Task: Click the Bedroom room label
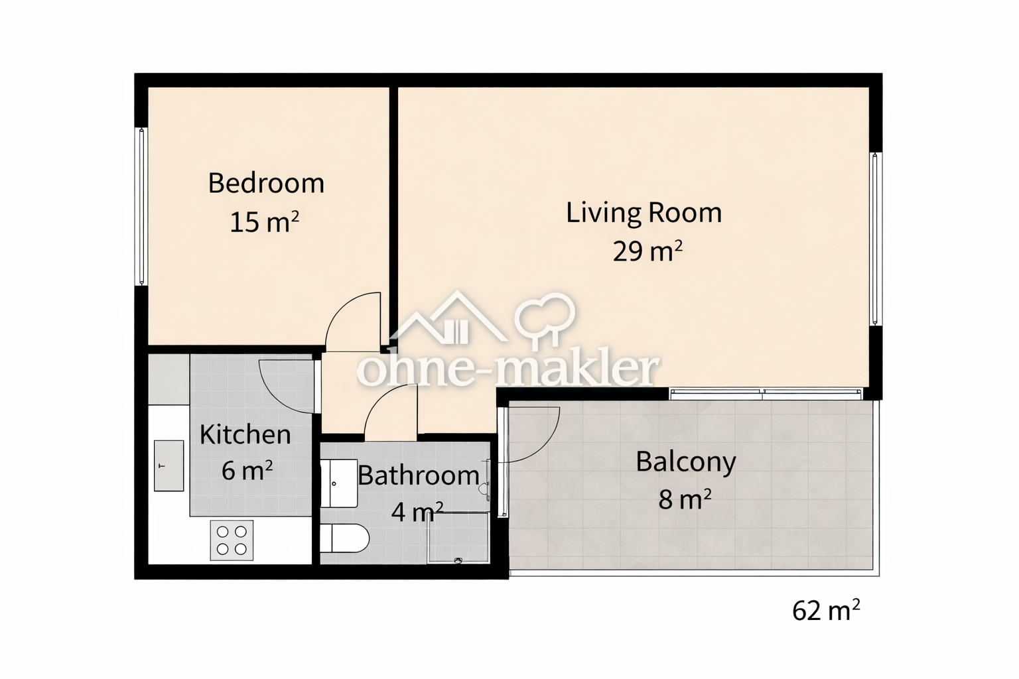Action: (266, 183)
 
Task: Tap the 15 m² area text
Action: (264, 222)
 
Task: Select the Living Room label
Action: (644, 213)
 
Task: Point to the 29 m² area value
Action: (647, 251)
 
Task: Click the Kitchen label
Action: (245, 434)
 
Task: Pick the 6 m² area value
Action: (247, 470)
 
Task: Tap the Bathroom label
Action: (419, 475)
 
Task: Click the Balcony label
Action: (686, 463)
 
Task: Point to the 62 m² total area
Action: (826, 610)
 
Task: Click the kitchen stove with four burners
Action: (232, 540)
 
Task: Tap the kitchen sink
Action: (169, 465)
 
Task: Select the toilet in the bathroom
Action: (344, 538)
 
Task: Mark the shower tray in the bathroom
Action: (458, 538)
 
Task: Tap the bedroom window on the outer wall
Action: (141, 206)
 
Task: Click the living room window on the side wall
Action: (875, 239)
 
